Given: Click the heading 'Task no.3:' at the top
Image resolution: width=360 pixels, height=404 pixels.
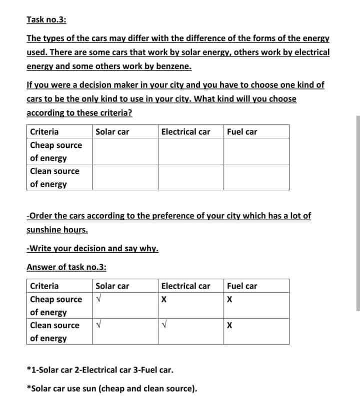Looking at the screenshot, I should coord(46,20).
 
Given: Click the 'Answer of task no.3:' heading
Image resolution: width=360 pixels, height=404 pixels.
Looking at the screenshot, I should coord(66,267).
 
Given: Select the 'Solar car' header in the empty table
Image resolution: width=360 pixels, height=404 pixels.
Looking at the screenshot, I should coord(112,132).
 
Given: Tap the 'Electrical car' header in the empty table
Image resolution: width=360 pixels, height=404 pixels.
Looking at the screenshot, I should coord(185,132).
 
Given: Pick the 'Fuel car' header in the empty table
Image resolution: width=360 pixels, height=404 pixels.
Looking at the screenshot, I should coord(242,132).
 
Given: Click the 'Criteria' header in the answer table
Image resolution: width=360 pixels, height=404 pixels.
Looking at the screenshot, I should coord(44,286).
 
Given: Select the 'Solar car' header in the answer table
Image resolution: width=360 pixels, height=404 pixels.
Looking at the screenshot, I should coord(112,286).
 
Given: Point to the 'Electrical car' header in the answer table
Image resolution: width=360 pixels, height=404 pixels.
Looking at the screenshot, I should coord(185,286).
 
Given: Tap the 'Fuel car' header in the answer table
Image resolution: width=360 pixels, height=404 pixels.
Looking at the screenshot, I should coord(242,286).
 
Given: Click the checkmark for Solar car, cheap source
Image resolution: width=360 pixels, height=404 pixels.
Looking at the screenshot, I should coord(98,300).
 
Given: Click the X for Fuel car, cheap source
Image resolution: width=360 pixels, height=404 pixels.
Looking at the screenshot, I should coord(229,301).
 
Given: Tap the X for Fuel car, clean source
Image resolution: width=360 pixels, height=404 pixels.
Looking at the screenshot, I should coord(229,326).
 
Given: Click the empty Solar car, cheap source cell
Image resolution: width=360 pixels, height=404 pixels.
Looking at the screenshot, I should coord(125,151).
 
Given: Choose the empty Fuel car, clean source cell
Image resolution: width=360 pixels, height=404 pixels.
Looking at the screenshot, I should coord(256,177).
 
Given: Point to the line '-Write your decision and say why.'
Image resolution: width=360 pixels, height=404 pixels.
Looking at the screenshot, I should coord(92,248).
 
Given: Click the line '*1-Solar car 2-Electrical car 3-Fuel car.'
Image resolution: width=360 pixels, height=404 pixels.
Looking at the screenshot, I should coord(100,371).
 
